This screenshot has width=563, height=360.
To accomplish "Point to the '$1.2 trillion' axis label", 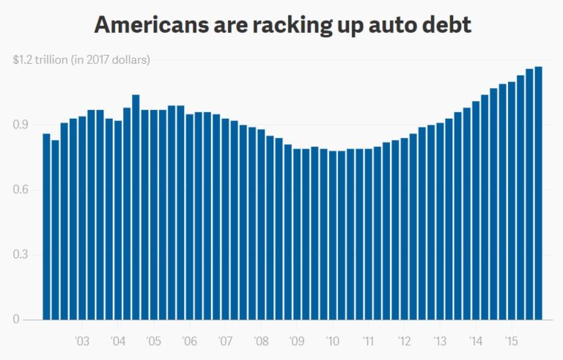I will point(40,59).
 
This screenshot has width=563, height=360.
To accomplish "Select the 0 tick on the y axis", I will point(15,320).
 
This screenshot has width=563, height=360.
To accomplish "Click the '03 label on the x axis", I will point(82,341).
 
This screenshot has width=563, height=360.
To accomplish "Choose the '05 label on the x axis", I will point(153,341).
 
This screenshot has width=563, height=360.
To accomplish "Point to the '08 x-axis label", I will point(261,341).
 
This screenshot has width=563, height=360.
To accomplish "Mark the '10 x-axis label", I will point(333,341).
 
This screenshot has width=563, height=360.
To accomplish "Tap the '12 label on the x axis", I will point(404,341).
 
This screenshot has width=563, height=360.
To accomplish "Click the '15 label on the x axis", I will point(512,341).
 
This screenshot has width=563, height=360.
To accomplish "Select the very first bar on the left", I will point(46,227).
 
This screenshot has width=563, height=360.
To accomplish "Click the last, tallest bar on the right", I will point(538,194).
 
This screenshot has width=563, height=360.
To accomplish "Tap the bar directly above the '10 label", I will point(333,235).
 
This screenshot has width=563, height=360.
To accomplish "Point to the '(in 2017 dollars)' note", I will point(110,59).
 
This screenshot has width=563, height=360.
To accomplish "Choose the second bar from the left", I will point(55,230).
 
